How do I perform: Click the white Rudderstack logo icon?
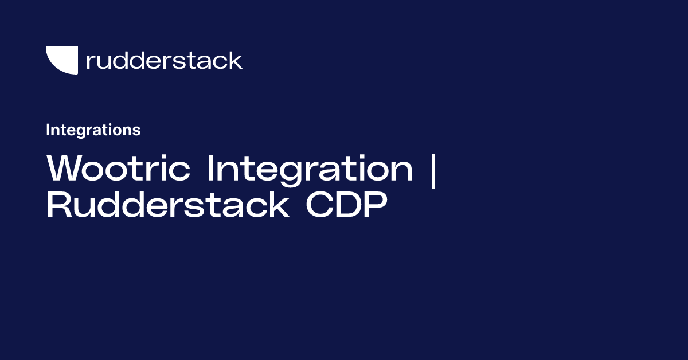tap(62, 60)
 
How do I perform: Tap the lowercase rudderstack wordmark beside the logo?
tap(164, 60)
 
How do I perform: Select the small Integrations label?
tap(93, 130)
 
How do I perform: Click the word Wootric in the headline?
tap(121, 169)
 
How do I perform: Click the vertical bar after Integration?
tap(432, 170)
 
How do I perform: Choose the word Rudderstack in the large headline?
tap(167, 205)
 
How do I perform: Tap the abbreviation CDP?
tap(343, 205)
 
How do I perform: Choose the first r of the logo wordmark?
tap(90, 62)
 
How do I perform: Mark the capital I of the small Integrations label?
tap(48, 130)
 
